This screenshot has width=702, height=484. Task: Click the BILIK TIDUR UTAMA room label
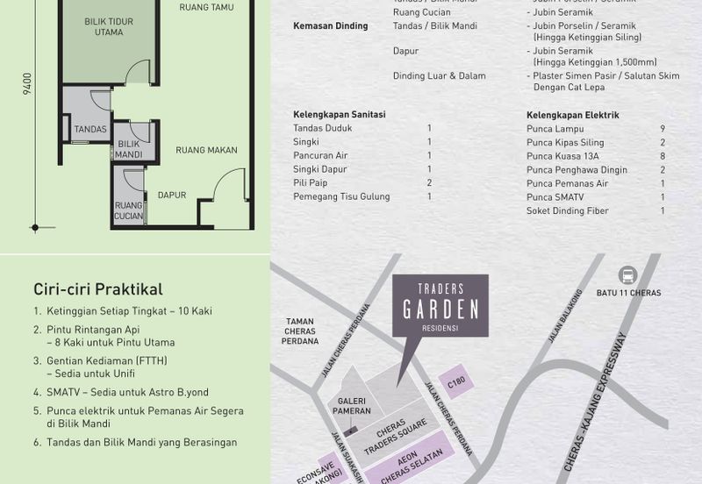click(109, 26)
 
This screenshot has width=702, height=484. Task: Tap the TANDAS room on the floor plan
click(90, 129)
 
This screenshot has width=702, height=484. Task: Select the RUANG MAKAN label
click(206, 150)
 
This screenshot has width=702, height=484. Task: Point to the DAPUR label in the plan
click(172, 195)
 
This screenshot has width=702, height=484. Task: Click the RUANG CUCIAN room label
click(129, 211)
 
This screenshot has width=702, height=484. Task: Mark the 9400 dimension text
click(28, 84)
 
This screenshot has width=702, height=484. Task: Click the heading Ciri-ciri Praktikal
click(98, 288)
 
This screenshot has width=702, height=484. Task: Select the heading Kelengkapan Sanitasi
click(340, 114)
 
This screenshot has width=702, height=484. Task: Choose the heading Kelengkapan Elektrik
click(573, 115)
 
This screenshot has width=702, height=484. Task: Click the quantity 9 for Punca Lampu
click(662, 129)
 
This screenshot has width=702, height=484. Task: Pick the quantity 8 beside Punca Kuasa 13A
click(662, 156)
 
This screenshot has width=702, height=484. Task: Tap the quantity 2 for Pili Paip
click(429, 182)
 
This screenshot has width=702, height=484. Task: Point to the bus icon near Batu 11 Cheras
click(627, 274)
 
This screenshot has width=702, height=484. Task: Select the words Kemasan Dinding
click(329, 26)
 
